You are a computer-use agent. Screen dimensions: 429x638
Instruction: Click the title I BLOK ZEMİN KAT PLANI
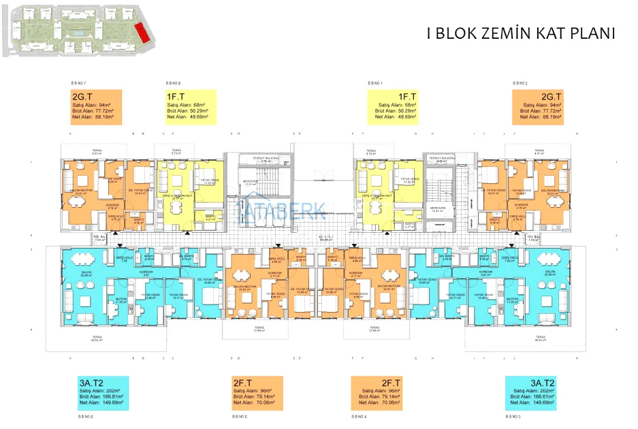pyautogui.click(x=520, y=34)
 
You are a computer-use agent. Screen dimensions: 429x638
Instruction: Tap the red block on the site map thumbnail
pyautogui.click(x=142, y=31)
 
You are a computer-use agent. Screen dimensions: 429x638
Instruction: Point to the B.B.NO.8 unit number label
pyautogui.click(x=173, y=82)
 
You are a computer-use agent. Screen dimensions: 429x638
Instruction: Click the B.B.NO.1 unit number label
pyautogui.click(x=376, y=83)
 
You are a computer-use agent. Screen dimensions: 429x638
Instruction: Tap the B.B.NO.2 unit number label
pyautogui.click(x=521, y=83)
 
